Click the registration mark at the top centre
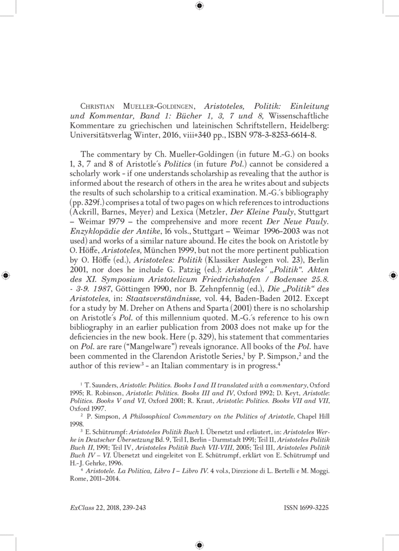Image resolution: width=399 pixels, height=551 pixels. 199,5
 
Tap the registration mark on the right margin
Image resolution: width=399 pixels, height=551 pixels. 393,275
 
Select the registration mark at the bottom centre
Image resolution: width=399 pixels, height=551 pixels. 199,545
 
